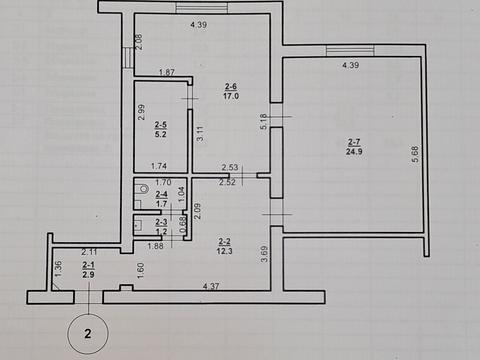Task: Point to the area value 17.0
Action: click(231, 97)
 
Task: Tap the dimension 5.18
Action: click(263, 121)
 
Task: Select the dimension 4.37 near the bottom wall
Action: click(212, 288)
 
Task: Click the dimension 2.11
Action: click(89, 251)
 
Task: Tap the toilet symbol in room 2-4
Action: click(144, 188)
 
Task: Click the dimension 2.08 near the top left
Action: click(139, 42)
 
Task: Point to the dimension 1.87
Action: click(168, 72)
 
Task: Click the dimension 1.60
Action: click(141, 267)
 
